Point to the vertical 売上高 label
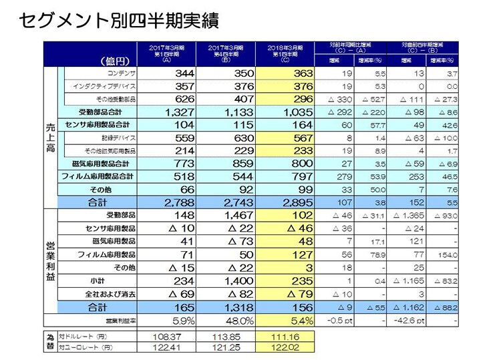tap(49, 137)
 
